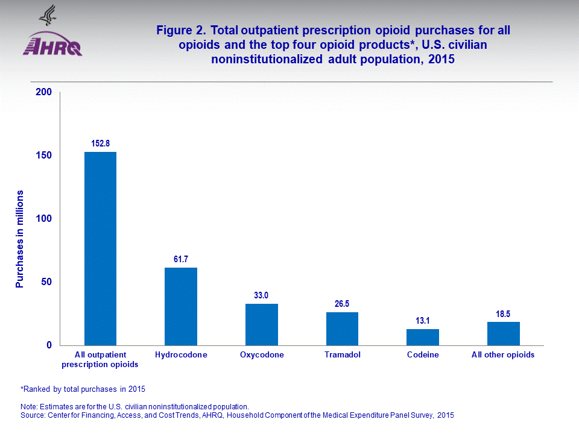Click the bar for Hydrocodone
[x=181, y=306]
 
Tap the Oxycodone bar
[x=262, y=324]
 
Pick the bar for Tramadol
[x=342, y=329]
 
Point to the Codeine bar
[x=423, y=337]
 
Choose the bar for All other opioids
[x=504, y=333]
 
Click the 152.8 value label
[x=100, y=144]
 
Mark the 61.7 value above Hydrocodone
[x=181, y=260]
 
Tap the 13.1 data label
[x=423, y=321]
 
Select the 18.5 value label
[x=504, y=314]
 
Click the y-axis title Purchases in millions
[x=20, y=239]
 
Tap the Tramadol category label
[x=342, y=355]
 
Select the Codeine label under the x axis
[x=423, y=355]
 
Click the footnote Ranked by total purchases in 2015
[x=83, y=388]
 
